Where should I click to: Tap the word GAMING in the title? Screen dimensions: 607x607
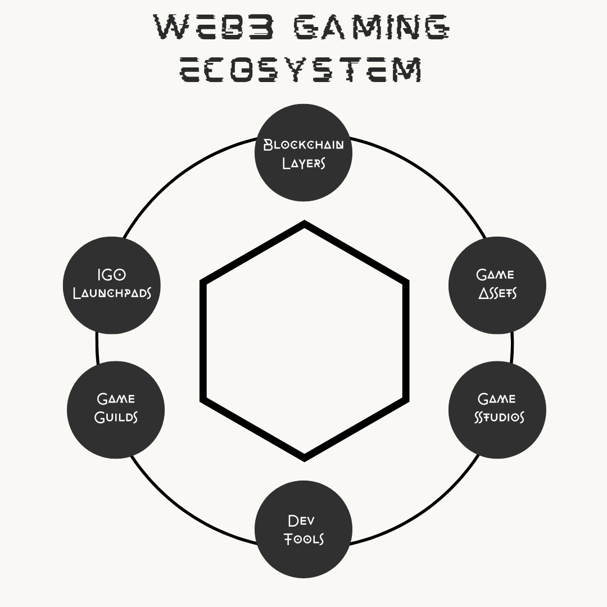[372, 27]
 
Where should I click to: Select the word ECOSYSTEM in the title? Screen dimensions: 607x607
[301, 70]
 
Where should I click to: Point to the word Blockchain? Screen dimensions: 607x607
[303, 144]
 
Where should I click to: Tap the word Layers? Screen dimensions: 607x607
[303, 163]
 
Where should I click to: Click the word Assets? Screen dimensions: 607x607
[497, 293]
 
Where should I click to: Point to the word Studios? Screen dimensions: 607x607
[499, 418]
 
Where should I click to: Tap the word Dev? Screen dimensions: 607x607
[301, 520]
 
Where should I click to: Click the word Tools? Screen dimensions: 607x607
[303, 540]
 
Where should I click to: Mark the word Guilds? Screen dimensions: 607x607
[116, 418]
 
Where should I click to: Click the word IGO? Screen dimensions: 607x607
[111, 275]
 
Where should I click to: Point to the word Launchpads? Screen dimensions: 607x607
[112, 293]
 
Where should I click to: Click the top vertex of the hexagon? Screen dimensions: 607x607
[304, 224]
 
